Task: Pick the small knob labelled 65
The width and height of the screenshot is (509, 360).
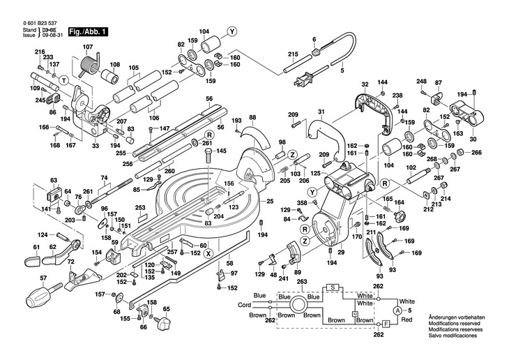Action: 165,324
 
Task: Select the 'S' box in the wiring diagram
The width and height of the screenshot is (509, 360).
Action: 333,287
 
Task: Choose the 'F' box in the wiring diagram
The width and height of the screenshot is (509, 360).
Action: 385,324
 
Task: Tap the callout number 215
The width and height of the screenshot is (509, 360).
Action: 293,54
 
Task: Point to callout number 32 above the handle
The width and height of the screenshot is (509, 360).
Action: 364,85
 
